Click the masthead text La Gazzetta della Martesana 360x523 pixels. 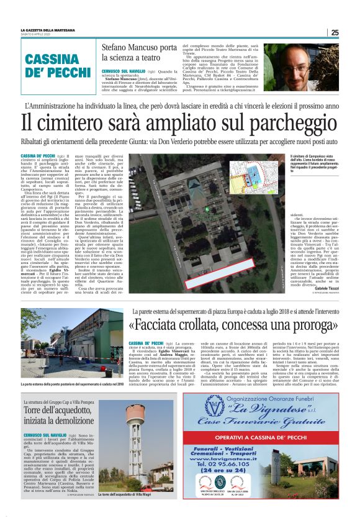click(48, 30)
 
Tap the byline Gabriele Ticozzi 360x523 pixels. click(329, 289)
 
